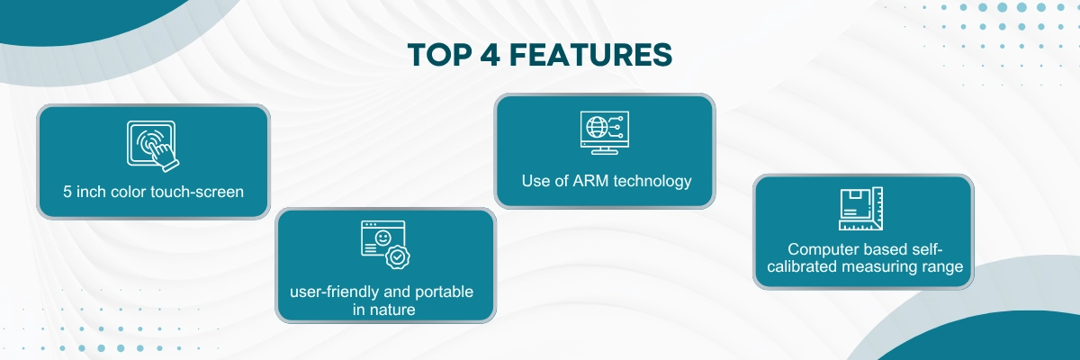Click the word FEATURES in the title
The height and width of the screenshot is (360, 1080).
click(x=590, y=55)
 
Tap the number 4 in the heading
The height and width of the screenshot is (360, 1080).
click(x=491, y=55)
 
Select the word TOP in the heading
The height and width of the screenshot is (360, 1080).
click(x=440, y=55)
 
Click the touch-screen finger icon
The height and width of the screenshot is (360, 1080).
click(x=153, y=146)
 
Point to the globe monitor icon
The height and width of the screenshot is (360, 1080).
click(x=605, y=132)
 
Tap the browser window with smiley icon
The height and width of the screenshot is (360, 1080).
click(x=385, y=244)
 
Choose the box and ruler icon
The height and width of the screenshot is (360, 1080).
click(x=860, y=209)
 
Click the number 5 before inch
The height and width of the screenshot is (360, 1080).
click(x=67, y=192)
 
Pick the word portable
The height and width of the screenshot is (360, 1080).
click(x=444, y=292)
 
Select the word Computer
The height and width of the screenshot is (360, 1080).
click(x=822, y=249)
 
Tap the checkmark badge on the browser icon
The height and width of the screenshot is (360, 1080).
click(x=397, y=257)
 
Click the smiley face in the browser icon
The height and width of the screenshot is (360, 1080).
click(x=382, y=238)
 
